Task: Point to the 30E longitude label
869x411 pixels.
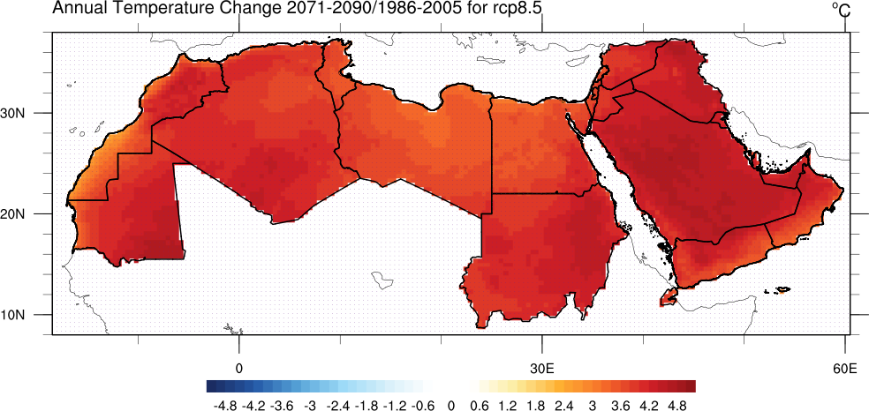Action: point(541,366)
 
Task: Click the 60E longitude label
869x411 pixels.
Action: point(844,366)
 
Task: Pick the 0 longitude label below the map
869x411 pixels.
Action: point(238,366)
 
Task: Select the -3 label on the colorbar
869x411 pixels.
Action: point(310,405)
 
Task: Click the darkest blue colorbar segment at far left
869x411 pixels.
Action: point(211,385)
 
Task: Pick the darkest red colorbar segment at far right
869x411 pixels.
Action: point(691,385)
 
